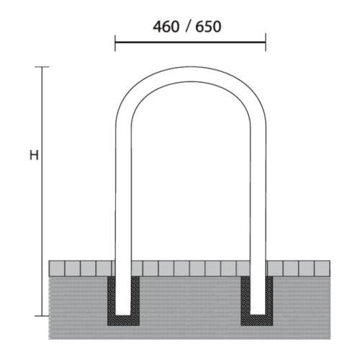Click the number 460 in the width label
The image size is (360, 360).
point(165,27)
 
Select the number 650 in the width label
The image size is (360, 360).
point(207,27)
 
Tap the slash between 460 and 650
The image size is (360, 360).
point(186,27)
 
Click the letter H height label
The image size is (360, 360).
point(33,156)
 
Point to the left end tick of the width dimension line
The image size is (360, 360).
point(115,42)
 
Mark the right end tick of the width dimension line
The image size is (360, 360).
point(265,42)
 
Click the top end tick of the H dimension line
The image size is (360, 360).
point(42,67)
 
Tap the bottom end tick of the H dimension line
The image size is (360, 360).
point(42,315)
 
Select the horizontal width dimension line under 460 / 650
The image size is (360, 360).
point(190,42)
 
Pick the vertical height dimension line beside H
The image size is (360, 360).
point(42,216)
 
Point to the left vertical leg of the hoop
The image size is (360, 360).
point(123,202)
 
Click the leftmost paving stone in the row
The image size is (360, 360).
point(56,269)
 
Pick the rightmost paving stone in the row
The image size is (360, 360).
point(323,269)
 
